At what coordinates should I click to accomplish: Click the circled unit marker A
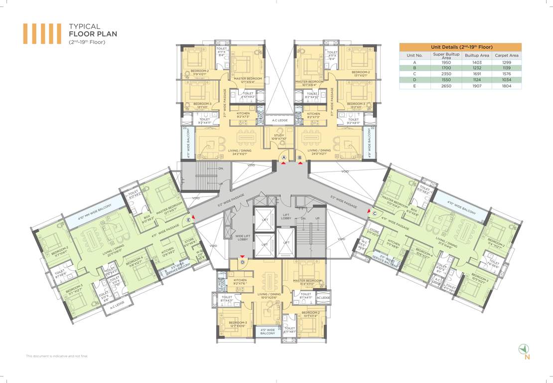click(283, 158)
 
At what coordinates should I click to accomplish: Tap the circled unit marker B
click(299, 158)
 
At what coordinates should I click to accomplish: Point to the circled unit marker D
click(242, 262)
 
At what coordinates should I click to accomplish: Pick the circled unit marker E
click(188, 219)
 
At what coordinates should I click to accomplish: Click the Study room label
click(278, 137)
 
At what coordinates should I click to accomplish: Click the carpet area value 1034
click(506, 80)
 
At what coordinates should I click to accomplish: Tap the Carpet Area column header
click(506, 55)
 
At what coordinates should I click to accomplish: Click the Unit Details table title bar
click(460, 46)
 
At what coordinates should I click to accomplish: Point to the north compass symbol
click(524, 349)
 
